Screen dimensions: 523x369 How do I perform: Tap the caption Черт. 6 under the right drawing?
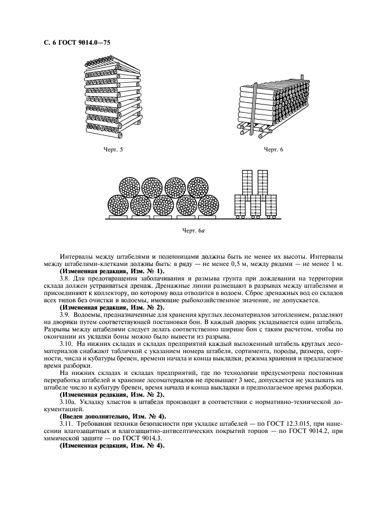274,150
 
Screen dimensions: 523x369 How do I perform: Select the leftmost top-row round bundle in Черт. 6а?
130,189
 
